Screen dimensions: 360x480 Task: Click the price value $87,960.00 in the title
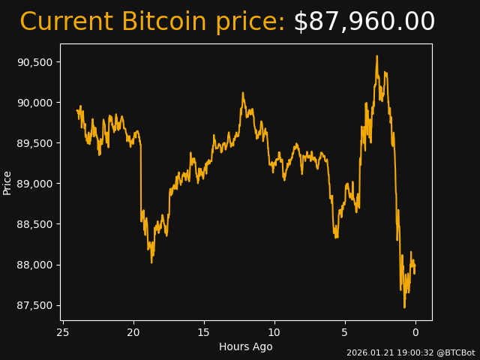coord(364,22)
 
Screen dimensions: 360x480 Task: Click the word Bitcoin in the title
coord(163,22)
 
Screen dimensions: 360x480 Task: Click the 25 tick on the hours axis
coord(63,331)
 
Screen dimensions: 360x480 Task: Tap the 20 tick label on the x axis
coord(133,331)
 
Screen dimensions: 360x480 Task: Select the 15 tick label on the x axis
coord(204,331)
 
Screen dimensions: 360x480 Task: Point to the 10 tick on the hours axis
coord(274,331)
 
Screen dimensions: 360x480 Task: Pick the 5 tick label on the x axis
coord(345,331)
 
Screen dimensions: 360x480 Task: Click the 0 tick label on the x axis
coord(415,331)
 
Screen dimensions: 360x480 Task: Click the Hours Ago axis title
coord(246,346)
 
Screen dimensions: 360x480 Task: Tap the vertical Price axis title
coord(7,182)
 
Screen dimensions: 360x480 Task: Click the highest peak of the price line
coord(377,55)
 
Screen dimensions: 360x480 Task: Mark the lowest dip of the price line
coord(404,307)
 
